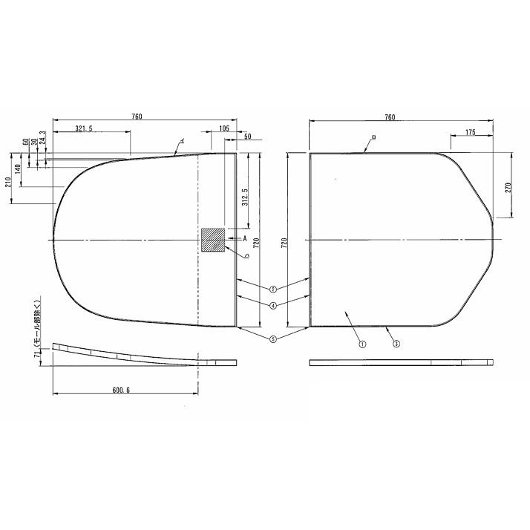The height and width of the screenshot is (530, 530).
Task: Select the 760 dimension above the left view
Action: click(137, 117)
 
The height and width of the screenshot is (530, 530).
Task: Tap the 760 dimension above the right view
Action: click(390, 117)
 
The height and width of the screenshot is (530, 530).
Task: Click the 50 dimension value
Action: click(247, 137)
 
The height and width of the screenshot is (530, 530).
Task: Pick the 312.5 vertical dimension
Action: click(245, 198)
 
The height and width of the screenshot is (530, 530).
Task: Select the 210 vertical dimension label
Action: click(9, 181)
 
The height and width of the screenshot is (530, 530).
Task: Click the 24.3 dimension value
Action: click(42, 139)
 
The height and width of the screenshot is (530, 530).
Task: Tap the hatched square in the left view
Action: click(213, 240)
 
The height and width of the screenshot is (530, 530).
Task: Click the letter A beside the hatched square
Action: click(244, 238)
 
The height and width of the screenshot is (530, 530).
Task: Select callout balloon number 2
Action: click(273, 289)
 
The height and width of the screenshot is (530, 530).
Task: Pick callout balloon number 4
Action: click(273, 305)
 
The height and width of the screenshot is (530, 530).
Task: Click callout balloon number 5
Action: click(273, 339)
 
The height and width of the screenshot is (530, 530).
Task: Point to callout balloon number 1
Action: click(361, 344)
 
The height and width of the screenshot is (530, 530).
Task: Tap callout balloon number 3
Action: click(396, 344)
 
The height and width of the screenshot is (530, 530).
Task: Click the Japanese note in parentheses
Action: click(36, 324)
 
